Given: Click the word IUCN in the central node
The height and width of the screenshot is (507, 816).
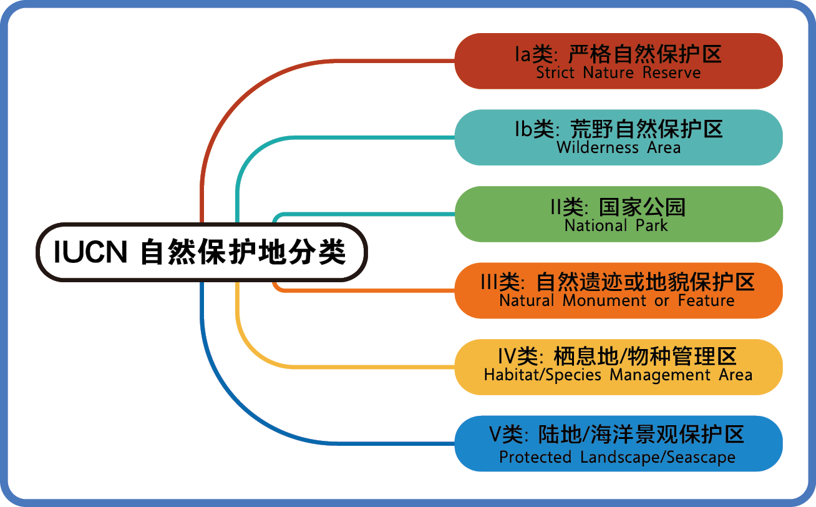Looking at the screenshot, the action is [90, 252].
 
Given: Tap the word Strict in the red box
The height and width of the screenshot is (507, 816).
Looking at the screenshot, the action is [555, 72].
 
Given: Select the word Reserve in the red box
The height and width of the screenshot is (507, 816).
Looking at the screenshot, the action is [671, 72].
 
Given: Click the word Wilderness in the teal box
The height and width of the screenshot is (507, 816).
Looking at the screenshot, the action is [598, 147].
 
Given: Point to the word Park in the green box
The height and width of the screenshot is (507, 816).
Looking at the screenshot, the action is [652, 225].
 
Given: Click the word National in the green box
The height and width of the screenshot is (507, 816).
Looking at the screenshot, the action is [596, 225].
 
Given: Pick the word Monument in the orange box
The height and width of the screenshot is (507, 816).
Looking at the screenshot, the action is [604, 300].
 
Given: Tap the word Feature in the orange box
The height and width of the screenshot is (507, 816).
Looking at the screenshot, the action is [706, 300].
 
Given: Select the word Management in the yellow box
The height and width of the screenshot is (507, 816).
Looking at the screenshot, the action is [659, 375].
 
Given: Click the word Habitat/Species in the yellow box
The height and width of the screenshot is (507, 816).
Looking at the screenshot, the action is [542, 375].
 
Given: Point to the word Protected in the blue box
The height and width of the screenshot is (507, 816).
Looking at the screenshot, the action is [535, 456].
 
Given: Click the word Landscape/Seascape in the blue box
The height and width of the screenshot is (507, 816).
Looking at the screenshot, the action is [658, 457].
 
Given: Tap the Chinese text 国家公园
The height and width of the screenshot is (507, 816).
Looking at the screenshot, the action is [642, 207].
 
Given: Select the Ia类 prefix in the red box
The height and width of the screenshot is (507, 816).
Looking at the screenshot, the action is [535, 54].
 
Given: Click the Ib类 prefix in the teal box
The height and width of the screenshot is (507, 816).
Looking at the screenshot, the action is [535, 129].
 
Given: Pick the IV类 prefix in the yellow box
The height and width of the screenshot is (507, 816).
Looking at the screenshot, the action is [520, 356].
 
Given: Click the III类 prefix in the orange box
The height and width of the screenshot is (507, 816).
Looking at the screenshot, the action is [502, 282].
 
